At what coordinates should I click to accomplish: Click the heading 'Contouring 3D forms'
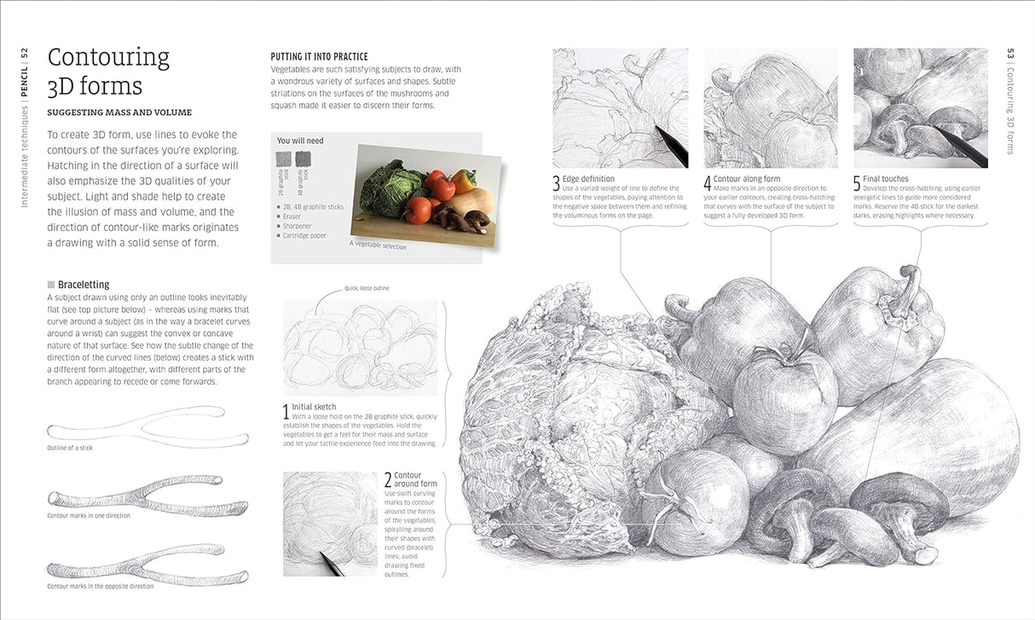click(x=108, y=71)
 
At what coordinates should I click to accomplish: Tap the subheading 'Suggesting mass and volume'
click(x=119, y=113)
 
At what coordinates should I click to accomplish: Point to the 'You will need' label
click(x=300, y=141)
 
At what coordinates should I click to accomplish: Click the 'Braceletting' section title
click(x=84, y=285)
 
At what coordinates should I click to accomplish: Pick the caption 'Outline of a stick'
click(x=71, y=448)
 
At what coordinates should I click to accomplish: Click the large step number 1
click(x=286, y=413)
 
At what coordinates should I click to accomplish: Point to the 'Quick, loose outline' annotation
click(x=367, y=288)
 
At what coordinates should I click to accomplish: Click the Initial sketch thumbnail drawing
click(x=360, y=346)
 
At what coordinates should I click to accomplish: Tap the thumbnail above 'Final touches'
click(x=920, y=107)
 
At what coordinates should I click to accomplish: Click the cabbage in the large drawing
click(x=554, y=418)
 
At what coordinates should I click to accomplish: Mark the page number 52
click(x=26, y=53)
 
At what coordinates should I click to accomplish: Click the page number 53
click(x=1010, y=54)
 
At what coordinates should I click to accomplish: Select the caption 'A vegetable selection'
click(x=378, y=246)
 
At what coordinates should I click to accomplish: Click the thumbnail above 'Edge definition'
click(x=620, y=107)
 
